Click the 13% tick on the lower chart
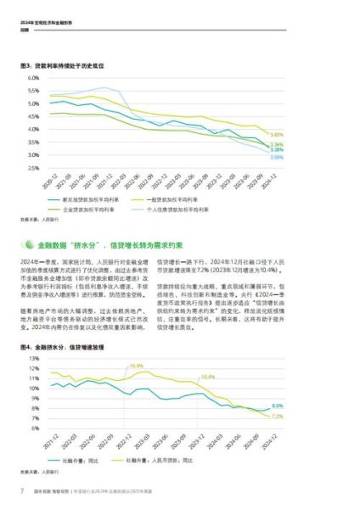pos(34,359)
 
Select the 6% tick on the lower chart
pos(35,428)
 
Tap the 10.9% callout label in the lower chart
pos(136,366)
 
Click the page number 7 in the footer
pos(21,491)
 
